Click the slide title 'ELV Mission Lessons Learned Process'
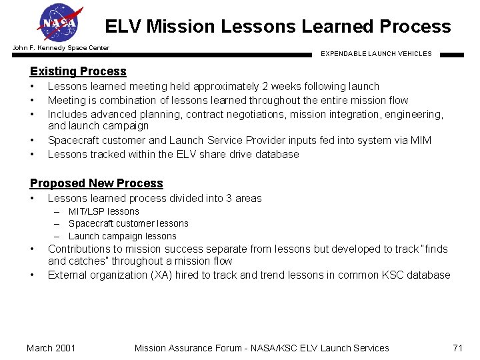[x=277, y=27]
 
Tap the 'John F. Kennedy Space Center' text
[x=61, y=48]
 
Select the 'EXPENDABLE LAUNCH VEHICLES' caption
[x=376, y=54]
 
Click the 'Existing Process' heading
[x=78, y=71]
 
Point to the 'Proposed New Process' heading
[x=96, y=183]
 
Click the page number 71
[x=457, y=347]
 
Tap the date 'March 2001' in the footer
[x=51, y=347]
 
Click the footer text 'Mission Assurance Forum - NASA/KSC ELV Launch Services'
[x=261, y=347]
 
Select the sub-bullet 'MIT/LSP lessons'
[x=103, y=211]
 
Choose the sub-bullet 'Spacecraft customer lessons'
[x=128, y=223]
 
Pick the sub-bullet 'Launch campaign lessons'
[x=122, y=236]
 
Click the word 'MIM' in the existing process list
[x=421, y=140]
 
